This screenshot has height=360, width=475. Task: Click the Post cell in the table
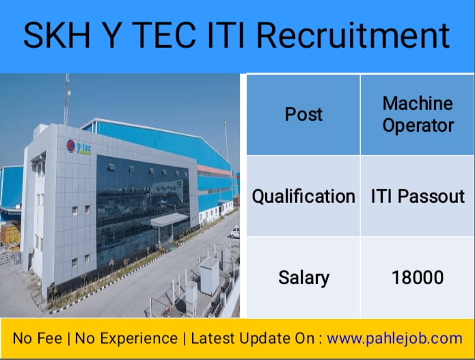(303, 114)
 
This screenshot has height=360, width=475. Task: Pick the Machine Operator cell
(418, 114)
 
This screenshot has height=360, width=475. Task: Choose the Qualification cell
(303, 196)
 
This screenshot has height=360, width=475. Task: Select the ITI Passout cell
(418, 196)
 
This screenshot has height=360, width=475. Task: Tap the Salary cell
(303, 277)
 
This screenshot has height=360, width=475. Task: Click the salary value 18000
(418, 277)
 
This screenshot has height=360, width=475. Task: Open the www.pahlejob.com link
(395, 338)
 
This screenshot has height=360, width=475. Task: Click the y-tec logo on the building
(78, 147)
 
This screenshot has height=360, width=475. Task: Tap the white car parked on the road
(234, 232)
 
